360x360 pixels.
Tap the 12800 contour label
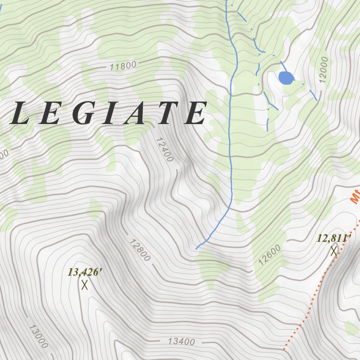coord(140,250)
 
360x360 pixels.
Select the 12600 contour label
coord(270,255)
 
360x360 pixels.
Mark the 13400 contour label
coord(181,341)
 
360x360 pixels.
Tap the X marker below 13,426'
coord(84,285)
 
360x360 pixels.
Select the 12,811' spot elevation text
coord(334,239)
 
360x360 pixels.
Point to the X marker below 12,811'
coord(334,251)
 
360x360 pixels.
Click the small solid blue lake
coord(285,78)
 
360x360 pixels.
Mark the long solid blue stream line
coord(230,141)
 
